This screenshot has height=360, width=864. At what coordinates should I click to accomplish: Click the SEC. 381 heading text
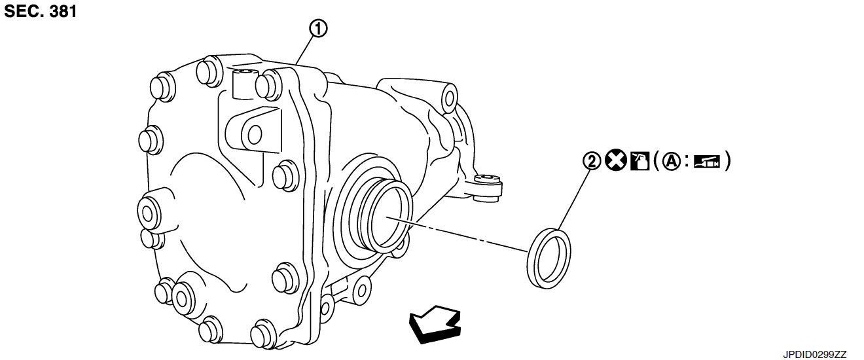click(41, 11)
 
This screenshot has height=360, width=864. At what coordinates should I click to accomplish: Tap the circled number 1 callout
click(319, 29)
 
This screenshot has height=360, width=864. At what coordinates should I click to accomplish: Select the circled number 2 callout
click(592, 161)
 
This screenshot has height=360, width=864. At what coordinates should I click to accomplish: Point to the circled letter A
click(671, 161)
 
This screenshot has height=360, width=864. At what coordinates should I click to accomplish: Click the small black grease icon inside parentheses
click(707, 161)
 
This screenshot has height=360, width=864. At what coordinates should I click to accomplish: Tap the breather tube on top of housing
click(243, 82)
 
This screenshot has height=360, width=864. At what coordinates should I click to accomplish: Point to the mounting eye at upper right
click(449, 98)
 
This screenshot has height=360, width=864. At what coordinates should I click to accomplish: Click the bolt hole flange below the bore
click(359, 288)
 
